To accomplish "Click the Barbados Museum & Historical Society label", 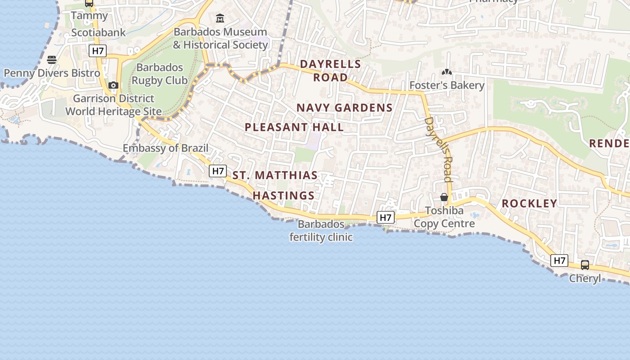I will [x=220, y=38].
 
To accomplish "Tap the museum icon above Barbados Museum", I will [x=220, y=18].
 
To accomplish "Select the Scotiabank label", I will [x=99, y=32].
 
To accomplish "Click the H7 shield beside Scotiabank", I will [x=98, y=51].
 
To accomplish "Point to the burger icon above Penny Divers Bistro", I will [x=52, y=60].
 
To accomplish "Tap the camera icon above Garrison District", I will [x=113, y=85].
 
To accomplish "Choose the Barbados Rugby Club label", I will [x=159, y=74].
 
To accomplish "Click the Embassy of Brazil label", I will [x=166, y=148].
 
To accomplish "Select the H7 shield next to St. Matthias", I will [x=218, y=171].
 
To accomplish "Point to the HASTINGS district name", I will [x=283, y=196].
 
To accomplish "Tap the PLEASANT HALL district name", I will [x=294, y=127].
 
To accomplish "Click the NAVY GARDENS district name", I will [x=345, y=108].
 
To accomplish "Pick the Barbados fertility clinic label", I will [x=321, y=230].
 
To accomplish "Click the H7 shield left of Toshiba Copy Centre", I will [x=386, y=218].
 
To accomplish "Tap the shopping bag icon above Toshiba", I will [x=444, y=197].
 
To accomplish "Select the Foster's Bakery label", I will [x=447, y=85].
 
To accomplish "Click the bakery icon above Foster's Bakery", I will [x=446, y=72].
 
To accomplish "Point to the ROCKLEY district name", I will [x=529, y=203].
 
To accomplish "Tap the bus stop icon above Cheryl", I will [x=585, y=265].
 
